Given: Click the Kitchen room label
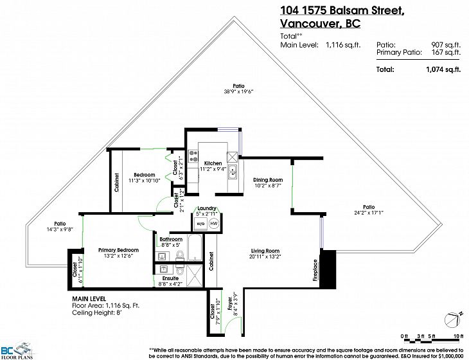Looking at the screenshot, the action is pyautogui.click(x=213, y=163).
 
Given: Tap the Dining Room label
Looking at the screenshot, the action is pyautogui.click(x=268, y=179).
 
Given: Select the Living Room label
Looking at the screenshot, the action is pyautogui.click(x=265, y=251).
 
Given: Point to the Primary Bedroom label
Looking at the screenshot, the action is pyautogui.click(x=118, y=250).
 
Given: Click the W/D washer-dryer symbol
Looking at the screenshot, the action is pyautogui.click(x=200, y=224).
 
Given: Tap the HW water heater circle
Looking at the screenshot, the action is pyautogui.click(x=214, y=224).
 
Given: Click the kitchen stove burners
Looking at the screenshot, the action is pyautogui.click(x=193, y=156).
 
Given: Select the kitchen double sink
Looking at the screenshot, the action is pyautogui.click(x=233, y=172).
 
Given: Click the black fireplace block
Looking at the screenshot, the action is pyautogui.click(x=328, y=269).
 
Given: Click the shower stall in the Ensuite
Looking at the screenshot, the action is pyautogui.click(x=195, y=276).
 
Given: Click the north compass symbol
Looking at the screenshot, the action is pyautogui.click(x=452, y=320).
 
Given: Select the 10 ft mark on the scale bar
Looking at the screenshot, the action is pyautogui.click(x=456, y=336).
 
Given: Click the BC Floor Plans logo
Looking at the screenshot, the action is pyautogui.click(x=17, y=350).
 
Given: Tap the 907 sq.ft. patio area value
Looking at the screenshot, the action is pyautogui.click(x=446, y=45).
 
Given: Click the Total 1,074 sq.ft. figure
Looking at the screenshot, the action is pyautogui.click(x=443, y=69).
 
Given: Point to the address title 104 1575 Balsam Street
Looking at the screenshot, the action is pyautogui.click(x=342, y=10).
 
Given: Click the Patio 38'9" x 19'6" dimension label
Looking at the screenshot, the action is pyautogui.click(x=238, y=91).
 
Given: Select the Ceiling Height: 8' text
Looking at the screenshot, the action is pyautogui.click(x=97, y=312).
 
